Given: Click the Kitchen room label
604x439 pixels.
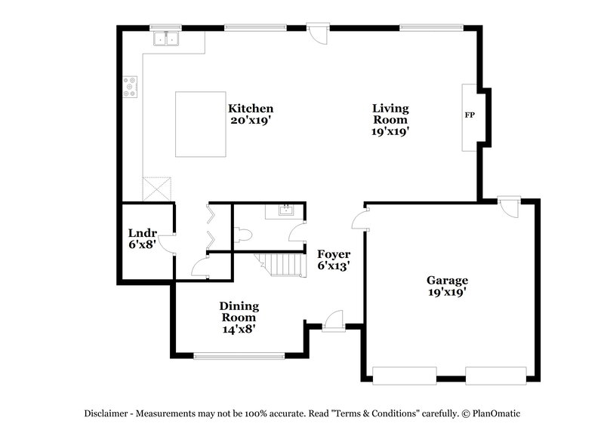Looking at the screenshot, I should coord(251,113).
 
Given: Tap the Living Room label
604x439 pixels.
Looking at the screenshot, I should coord(390,119).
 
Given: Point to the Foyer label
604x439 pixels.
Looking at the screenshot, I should coord(332,259).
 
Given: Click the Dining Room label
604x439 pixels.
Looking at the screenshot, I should coord(239,317).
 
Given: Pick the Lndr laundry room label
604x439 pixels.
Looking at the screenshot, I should coord(141,238).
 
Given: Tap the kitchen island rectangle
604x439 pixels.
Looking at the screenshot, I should coord(201,124).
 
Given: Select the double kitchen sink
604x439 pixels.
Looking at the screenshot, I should coord(164,38).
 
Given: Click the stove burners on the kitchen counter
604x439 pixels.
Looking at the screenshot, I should coord(131,87).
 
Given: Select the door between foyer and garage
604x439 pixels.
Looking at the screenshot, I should coord(360,220).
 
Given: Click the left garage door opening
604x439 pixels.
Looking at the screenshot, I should coord(405,373).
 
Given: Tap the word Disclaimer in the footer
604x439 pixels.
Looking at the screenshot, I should coord(106,413).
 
